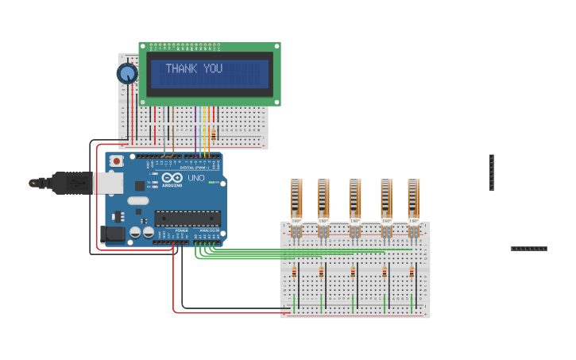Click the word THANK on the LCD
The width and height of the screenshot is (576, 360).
pos(182,69)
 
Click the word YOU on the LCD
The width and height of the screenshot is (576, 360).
pos(213,69)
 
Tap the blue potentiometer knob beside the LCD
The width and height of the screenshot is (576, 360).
pos(127,74)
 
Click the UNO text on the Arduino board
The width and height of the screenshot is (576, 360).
pos(195,178)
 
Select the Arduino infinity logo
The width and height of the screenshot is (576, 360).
pos(172,178)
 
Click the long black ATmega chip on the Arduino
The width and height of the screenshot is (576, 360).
pos(187,218)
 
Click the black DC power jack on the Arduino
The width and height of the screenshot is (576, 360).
pos(114,234)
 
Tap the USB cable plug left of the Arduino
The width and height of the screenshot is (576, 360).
pos(72,183)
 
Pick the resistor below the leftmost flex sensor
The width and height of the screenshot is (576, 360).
pos(294,273)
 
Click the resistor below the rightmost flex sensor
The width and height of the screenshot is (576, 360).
pos(412,273)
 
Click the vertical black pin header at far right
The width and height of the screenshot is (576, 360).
pos(492,172)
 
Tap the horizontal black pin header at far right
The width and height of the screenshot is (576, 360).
pos(528,249)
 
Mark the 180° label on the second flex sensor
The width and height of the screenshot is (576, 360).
pos(323,220)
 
